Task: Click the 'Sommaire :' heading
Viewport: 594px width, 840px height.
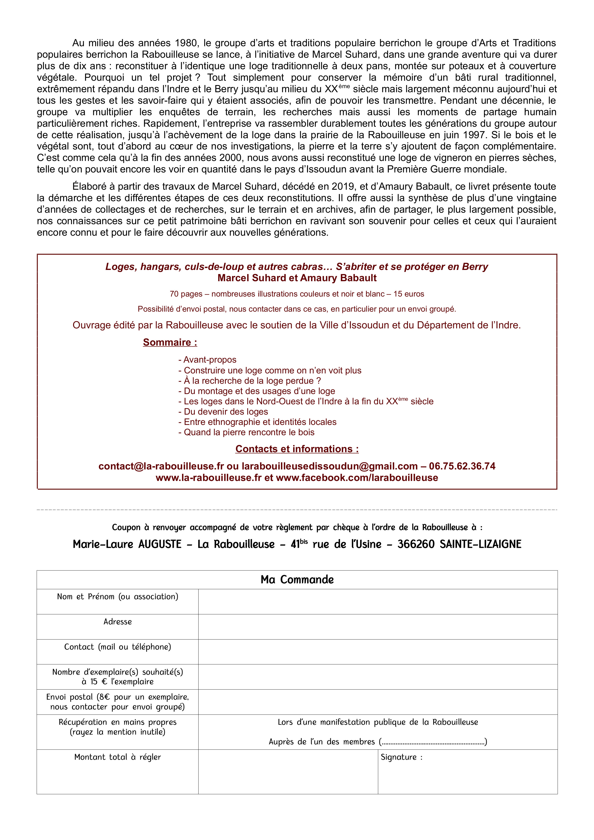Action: coord(170,343)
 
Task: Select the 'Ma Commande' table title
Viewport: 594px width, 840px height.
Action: coord(297,579)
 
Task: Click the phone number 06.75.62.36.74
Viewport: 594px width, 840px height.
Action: coord(462,466)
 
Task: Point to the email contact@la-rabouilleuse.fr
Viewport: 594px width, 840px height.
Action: coord(161,466)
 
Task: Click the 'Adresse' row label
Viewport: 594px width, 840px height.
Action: coord(117,622)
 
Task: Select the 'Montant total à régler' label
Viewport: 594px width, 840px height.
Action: coord(117,757)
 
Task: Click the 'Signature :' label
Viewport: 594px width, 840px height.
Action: coord(401,757)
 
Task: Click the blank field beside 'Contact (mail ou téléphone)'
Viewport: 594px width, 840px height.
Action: coord(377,652)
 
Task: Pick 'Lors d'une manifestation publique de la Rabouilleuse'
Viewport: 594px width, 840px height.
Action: coord(377,722)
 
